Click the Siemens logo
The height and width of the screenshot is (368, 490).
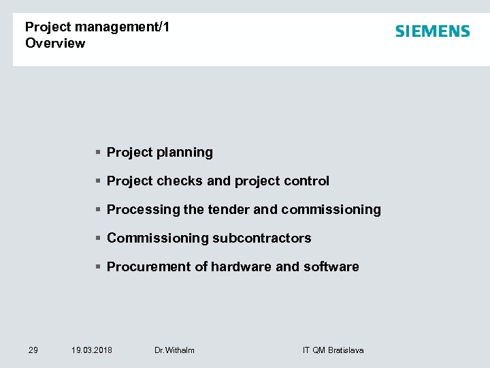432,31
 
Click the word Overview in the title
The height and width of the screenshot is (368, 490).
55,44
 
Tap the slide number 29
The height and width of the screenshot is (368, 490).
33,350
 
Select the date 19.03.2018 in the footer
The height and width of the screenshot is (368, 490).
92,350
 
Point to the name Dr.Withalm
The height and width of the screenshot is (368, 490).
174,350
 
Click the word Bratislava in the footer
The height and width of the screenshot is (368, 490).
346,350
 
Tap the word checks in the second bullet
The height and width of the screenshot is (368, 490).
180,181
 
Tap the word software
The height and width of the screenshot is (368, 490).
331,267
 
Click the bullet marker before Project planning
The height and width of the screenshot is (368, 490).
99,153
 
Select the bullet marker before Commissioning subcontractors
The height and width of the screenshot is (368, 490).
99,239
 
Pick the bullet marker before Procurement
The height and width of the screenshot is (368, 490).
99,267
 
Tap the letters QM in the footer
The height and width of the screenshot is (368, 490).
318,350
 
